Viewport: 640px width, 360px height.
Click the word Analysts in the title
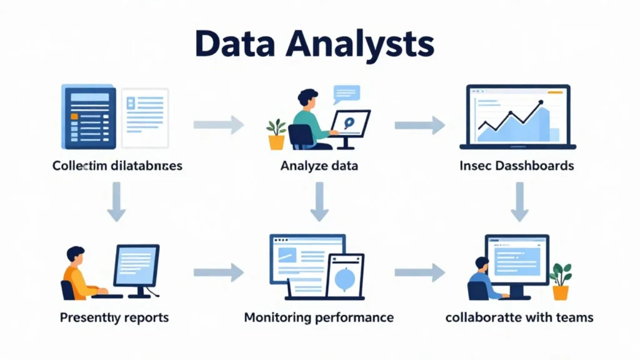[365, 45]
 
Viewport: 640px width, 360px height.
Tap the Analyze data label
[319, 166]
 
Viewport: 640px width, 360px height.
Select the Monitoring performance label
[319, 317]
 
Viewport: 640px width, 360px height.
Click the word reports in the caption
[146, 317]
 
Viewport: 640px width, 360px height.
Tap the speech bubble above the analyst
[346, 94]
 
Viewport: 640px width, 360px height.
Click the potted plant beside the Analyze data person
[276, 134]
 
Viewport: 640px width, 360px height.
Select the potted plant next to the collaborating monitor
[561, 281]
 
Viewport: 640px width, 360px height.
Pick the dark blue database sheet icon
[89, 117]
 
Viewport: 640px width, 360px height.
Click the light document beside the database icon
[145, 117]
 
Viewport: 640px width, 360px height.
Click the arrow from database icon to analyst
[218, 124]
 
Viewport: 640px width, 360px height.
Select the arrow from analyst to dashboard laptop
[419, 125]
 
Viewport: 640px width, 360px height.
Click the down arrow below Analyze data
[319, 201]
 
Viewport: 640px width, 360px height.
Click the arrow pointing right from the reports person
[218, 272]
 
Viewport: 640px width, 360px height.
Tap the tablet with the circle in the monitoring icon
[344, 276]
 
